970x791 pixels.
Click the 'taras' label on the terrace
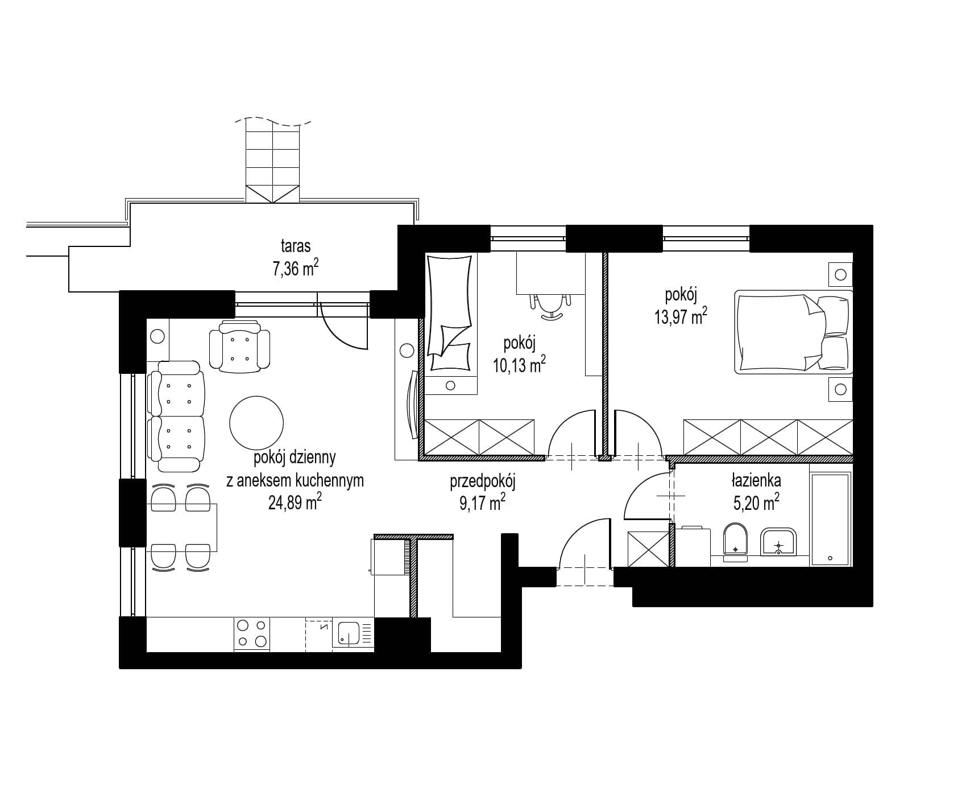[296, 246]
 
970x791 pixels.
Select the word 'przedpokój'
[482, 483]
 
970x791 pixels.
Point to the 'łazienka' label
[756, 480]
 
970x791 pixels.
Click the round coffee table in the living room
[256, 422]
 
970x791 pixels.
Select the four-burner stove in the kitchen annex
[252, 634]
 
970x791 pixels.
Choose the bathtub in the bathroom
[831, 520]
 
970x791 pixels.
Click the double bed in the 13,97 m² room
[794, 332]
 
